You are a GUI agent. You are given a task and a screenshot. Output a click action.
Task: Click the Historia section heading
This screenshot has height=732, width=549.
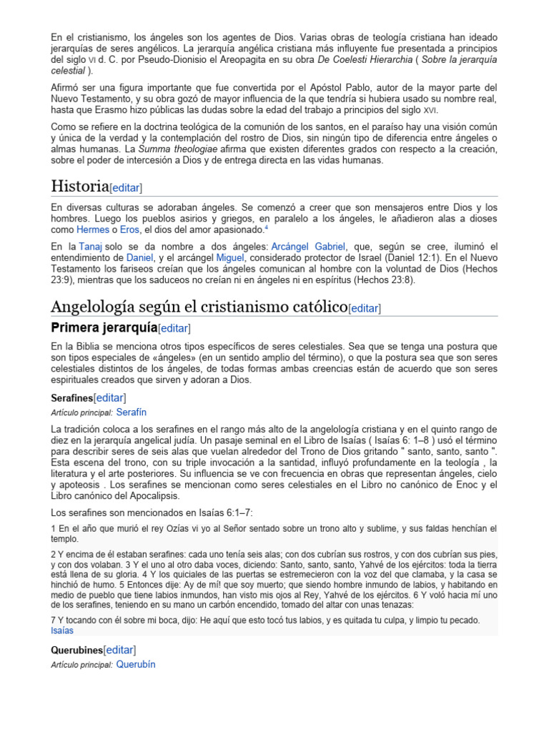(79, 187)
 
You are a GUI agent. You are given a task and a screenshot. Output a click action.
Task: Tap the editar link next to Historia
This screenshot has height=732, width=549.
(126, 188)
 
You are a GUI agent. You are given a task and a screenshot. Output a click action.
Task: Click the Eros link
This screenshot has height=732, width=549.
(129, 229)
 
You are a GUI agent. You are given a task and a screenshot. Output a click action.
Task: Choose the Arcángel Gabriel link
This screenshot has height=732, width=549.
(310, 245)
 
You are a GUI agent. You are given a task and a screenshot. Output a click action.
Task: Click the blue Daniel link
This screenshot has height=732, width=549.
(139, 256)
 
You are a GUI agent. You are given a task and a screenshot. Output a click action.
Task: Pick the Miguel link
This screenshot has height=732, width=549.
(230, 256)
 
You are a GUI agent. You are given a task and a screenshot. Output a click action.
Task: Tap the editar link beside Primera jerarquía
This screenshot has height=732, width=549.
(174, 328)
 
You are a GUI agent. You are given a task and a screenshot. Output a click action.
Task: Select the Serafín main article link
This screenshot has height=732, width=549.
(131, 412)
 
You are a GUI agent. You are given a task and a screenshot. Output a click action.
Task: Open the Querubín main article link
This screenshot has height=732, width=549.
(135, 664)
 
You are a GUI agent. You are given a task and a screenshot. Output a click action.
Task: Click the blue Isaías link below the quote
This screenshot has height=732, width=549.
(62, 630)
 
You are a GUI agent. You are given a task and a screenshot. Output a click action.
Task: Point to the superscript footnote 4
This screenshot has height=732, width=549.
(266, 227)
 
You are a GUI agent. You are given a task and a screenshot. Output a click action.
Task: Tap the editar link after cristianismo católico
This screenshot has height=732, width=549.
(364, 308)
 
